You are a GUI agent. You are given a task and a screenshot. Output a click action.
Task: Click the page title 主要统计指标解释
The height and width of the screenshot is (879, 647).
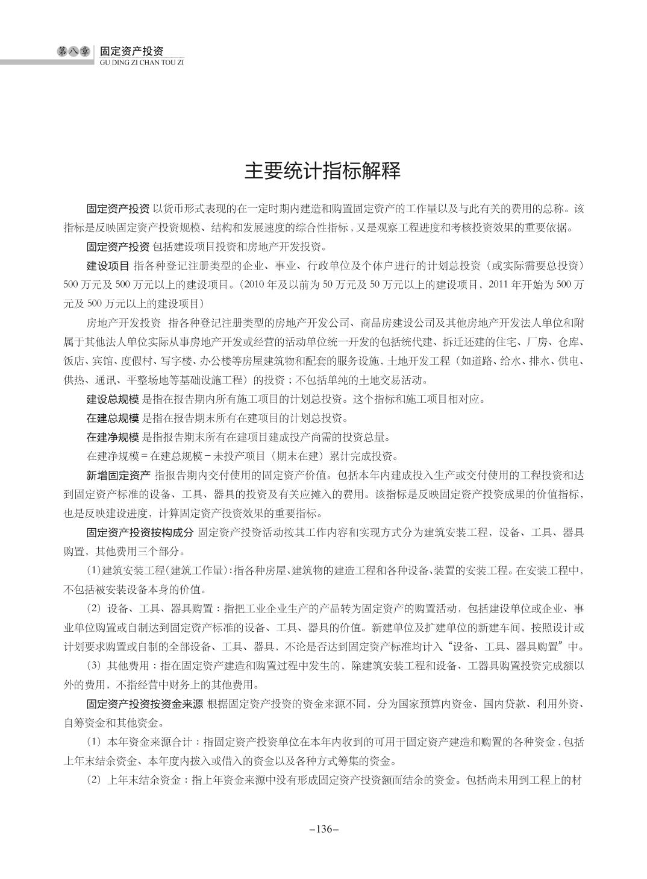point(323,171)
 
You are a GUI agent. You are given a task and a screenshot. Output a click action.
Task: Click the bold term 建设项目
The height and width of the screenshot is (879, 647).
point(107,266)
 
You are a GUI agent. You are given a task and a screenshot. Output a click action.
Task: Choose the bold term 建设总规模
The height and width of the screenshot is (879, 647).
point(113,399)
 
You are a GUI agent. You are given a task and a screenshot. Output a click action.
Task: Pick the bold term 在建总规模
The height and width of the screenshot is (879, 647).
point(113,418)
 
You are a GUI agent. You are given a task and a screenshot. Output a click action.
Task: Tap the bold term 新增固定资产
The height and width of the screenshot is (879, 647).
point(118,475)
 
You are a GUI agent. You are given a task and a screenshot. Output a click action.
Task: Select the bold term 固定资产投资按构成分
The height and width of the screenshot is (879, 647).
point(139,532)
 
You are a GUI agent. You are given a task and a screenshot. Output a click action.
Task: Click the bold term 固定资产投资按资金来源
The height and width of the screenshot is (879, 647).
point(145,704)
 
